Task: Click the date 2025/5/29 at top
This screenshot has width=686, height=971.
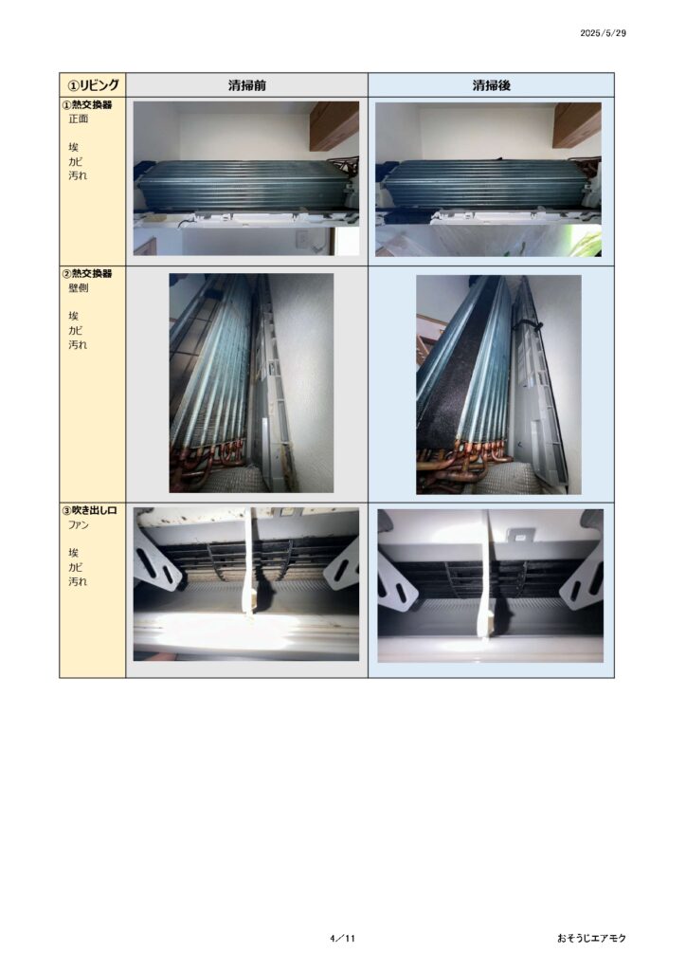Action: [603, 33]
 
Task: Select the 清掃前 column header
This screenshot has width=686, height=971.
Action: [246, 85]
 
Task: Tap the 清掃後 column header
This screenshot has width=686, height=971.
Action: [491, 85]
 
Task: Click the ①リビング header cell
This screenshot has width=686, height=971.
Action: [93, 84]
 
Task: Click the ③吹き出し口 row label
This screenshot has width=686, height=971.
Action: [90, 510]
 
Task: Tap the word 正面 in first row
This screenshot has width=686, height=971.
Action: [78, 119]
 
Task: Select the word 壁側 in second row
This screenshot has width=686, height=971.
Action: [78, 288]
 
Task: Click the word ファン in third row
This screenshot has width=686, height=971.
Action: [79, 525]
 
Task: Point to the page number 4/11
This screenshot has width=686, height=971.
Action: [343, 938]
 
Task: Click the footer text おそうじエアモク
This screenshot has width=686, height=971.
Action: [591, 938]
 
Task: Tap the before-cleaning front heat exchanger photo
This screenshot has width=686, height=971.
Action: [246, 178]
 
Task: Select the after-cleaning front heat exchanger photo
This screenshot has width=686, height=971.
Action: [488, 179]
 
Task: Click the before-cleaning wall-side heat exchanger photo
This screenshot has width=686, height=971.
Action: [251, 383]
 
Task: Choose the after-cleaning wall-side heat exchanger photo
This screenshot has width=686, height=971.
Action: [498, 385]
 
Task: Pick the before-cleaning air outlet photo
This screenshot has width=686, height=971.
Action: [246, 584]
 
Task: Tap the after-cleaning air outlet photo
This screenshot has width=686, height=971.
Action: [491, 586]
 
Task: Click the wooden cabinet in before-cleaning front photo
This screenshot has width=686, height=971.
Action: [335, 126]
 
